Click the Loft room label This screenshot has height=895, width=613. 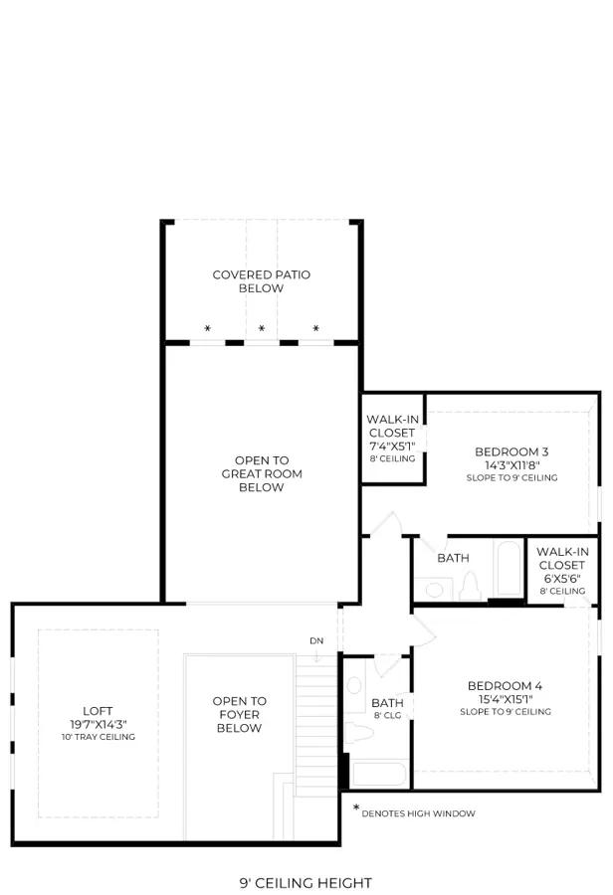click(x=98, y=711)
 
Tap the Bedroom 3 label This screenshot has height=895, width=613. click(x=511, y=451)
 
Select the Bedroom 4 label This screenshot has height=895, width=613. click(x=505, y=685)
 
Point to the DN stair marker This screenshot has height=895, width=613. click(x=316, y=640)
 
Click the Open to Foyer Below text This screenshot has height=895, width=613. click(x=240, y=714)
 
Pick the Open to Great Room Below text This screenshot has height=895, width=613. click(x=262, y=473)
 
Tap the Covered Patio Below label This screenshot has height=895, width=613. click(x=261, y=281)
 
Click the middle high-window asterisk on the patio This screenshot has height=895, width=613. click(x=261, y=328)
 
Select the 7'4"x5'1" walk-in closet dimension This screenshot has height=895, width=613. click(x=392, y=446)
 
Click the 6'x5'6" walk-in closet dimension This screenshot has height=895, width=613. click(x=561, y=578)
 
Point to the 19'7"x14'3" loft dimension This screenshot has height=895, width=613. click(x=99, y=724)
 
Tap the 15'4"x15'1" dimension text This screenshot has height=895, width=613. click(x=506, y=699)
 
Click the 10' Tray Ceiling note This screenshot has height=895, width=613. click(x=99, y=737)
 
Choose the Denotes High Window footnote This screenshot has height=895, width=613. click(x=418, y=813)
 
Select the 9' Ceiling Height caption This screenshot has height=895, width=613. click(x=306, y=883)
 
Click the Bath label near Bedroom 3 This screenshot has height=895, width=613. click(x=453, y=558)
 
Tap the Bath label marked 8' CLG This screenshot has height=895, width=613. click(x=387, y=703)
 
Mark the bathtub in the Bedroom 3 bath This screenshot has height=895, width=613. click(x=508, y=569)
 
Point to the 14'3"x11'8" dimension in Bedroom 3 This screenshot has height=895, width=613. click(x=512, y=464)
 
